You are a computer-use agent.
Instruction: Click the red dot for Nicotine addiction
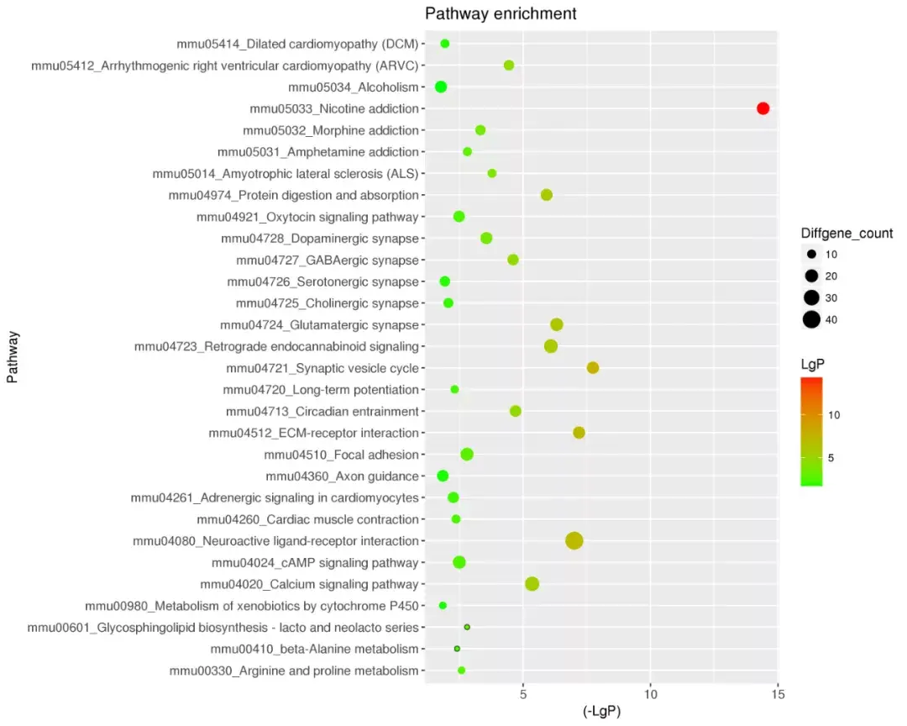[763, 108]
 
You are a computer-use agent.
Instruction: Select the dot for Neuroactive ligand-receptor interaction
[574, 541]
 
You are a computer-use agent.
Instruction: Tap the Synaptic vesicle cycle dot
[593, 368]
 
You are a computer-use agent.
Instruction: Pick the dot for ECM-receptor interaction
[579, 433]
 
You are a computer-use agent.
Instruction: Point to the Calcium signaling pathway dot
[532, 584]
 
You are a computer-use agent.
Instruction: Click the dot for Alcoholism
[441, 87]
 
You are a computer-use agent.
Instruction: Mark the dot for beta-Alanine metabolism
[457, 649]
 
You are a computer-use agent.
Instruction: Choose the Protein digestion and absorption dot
[547, 195]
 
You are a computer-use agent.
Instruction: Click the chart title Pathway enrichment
[501, 13]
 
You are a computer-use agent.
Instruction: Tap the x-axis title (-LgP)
[601, 712]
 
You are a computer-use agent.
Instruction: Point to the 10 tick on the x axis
[650, 694]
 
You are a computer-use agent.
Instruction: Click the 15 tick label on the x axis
[778, 694]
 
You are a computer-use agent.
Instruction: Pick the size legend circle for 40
[811, 319]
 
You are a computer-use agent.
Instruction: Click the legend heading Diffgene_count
[847, 234]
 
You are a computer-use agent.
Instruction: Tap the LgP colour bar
[811, 432]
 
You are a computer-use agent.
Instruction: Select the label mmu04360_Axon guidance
[342, 476]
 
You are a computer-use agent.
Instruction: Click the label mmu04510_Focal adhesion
[341, 455]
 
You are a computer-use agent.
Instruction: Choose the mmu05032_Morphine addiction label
[330, 130]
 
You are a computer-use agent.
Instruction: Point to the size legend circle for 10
[811, 254]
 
